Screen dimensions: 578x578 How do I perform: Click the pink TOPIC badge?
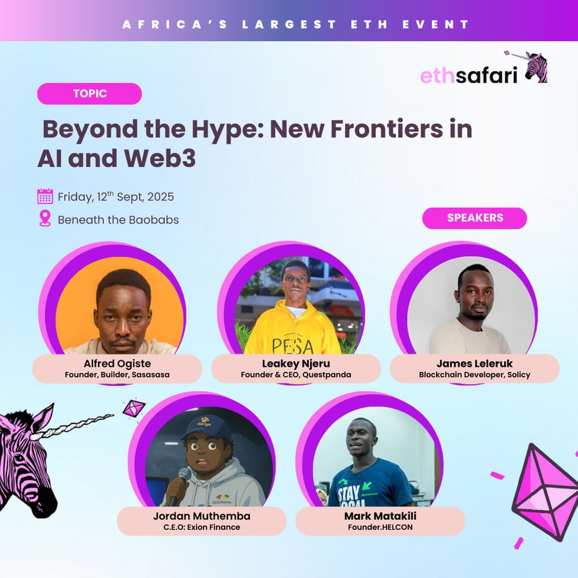pos(89,94)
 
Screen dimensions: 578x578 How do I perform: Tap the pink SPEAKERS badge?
pos(475,218)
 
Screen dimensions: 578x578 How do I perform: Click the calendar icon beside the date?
pos(45,196)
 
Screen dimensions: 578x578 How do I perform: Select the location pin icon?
pos(45,218)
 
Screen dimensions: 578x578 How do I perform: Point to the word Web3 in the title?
pos(160,159)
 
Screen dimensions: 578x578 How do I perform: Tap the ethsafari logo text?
pos(469,75)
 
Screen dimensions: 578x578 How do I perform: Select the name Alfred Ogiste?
pos(118,363)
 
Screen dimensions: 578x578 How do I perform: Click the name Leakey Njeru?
pos(296,363)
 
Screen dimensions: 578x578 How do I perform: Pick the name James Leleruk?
pos(475,363)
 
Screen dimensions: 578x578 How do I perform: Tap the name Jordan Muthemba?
pos(202,516)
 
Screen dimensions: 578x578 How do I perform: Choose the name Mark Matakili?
pos(380,516)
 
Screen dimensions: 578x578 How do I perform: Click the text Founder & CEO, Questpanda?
pos(296,375)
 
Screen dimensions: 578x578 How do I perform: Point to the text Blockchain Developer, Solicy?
pos(475,375)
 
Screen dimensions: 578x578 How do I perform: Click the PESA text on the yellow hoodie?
pos(293,346)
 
